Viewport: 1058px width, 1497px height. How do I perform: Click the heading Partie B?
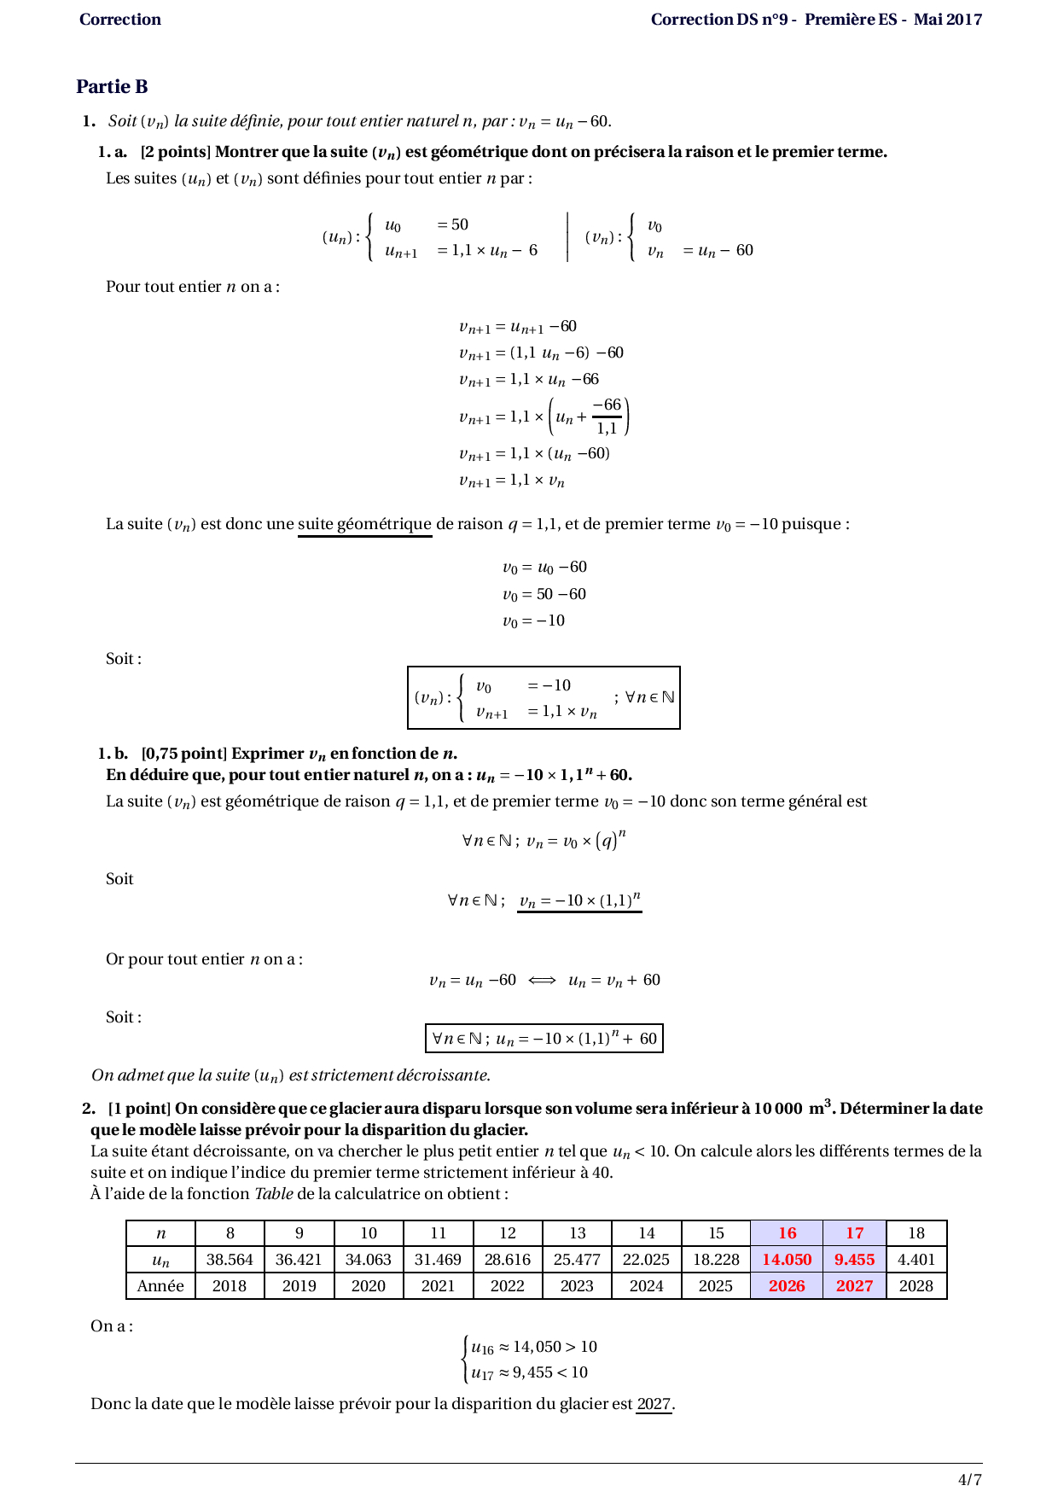(112, 86)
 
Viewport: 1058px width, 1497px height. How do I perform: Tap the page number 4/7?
(969, 1479)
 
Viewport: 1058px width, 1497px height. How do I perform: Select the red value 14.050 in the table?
(787, 1259)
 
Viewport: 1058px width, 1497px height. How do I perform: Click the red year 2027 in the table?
(854, 1285)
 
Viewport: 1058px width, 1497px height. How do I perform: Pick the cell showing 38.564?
(230, 1259)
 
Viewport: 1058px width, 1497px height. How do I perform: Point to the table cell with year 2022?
(508, 1285)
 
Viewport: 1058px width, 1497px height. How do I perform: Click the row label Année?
(160, 1285)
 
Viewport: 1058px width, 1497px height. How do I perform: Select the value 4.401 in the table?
(916, 1259)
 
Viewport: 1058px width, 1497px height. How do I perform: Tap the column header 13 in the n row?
(578, 1232)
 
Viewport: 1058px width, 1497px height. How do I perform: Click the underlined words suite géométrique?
(364, 524)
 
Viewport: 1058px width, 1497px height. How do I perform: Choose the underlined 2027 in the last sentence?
(654, 1403)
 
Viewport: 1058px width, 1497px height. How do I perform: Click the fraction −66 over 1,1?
(607, 416)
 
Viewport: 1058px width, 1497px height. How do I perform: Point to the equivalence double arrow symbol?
(542, 980)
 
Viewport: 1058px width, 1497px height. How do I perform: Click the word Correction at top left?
(119, 19)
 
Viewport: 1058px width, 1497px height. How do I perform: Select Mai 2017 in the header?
(947, 19)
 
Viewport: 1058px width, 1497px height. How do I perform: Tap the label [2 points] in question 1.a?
(175, 152)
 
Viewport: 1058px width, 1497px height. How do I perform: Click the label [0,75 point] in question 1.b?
(183, 753)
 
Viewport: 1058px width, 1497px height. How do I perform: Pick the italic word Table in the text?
(274, 1193)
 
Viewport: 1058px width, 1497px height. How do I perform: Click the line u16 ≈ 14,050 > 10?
(533, 1347)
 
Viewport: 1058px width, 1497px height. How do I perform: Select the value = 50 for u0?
(453, 224)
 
